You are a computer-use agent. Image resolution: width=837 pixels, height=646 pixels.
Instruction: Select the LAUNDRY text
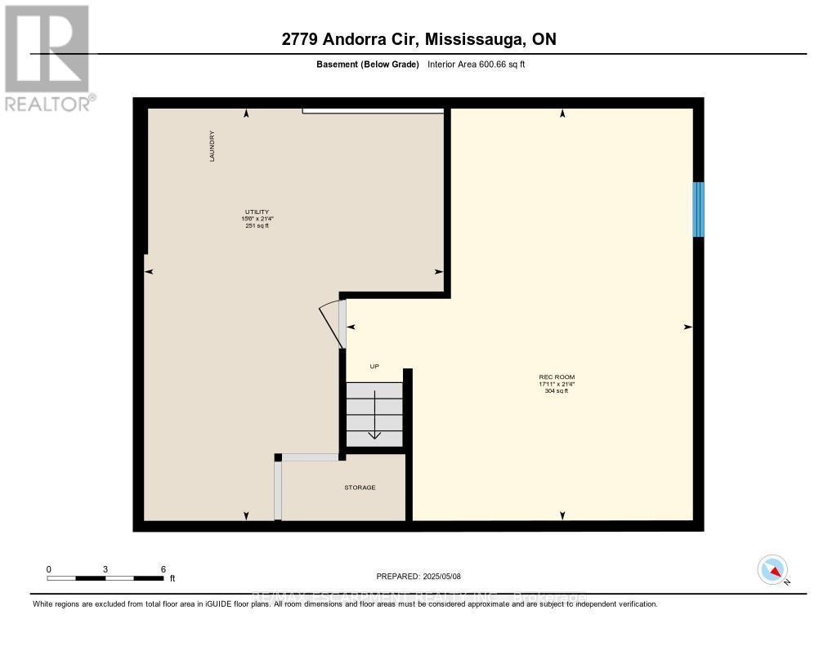coord(212,147)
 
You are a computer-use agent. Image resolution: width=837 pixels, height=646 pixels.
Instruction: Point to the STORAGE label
coord(360,488)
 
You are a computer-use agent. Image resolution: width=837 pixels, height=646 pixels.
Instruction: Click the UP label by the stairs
coord(374,366)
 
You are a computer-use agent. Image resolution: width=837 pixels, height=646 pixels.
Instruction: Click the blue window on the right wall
coord(698,209)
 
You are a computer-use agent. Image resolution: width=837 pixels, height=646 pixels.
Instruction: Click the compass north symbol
coord(772,570)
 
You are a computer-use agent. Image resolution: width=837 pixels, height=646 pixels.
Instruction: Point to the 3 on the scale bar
coord(105,568)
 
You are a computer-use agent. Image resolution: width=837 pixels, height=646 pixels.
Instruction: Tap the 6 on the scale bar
coord(163,568)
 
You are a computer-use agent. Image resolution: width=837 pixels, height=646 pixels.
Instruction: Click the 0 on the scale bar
coord(49,568)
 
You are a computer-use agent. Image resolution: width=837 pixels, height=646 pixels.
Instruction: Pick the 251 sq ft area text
coord(256,225)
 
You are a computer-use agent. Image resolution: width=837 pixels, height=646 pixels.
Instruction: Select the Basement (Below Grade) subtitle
coord(367,64)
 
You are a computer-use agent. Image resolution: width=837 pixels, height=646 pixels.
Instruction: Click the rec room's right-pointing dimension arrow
coord(688,327)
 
